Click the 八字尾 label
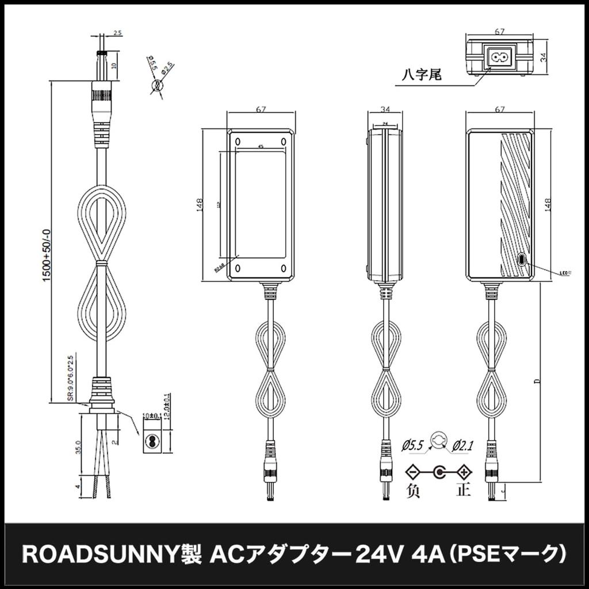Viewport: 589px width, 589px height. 422,75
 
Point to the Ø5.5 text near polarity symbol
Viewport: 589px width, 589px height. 413,445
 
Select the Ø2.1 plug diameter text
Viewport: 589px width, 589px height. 464,445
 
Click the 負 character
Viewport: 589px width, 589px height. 413,491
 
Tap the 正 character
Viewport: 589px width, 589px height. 464,491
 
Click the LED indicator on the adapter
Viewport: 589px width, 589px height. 522,259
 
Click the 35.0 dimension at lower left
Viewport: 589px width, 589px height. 79,447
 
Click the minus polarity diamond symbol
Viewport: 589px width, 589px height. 413,473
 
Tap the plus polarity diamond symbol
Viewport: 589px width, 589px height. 464,473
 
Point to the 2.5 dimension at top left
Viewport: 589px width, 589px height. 117,34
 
